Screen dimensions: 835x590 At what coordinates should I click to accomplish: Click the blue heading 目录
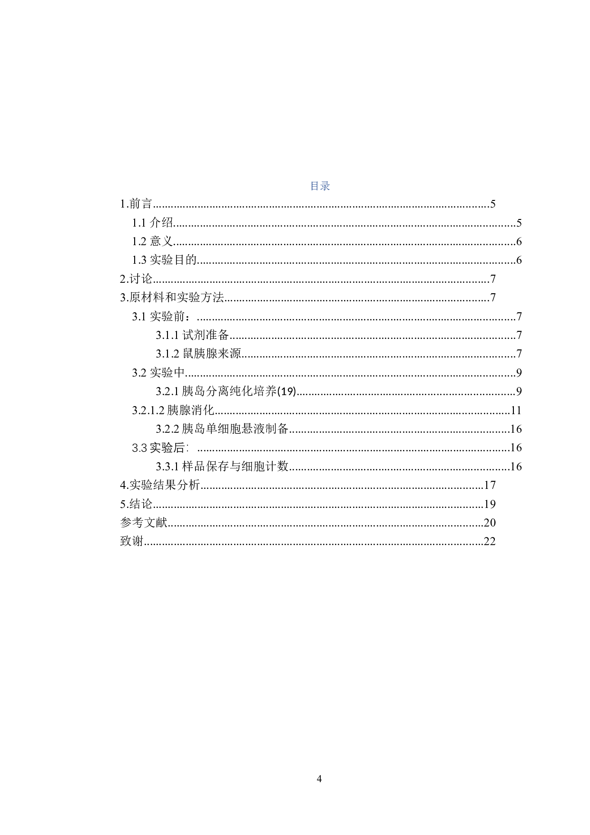(320, 186)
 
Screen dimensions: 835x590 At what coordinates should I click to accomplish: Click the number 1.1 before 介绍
(139, 223)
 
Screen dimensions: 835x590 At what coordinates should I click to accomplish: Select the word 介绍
(162, 223)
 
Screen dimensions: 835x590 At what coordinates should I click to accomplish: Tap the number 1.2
(139, 241)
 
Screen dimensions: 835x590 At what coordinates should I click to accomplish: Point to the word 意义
(162, 241)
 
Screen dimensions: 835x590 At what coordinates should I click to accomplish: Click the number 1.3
(139, 260)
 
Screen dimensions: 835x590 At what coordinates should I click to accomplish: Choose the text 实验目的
(173, 260)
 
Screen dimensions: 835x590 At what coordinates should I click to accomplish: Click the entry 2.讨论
(137, 278)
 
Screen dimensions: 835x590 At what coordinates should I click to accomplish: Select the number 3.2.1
(167, 391)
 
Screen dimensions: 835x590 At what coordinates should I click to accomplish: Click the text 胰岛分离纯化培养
(229, 391)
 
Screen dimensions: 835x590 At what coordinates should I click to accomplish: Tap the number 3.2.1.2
(148, 410)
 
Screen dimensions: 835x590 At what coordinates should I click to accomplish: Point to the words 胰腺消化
(191, 410)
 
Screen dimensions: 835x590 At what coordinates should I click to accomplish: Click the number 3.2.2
(167, 429)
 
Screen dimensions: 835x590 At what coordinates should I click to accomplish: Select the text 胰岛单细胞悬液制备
(236, 429)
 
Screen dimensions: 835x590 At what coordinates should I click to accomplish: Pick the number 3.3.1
(167, 467)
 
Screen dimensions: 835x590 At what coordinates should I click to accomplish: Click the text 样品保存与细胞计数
(236, 467)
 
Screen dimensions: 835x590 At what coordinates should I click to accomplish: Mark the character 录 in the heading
(325, 186)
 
